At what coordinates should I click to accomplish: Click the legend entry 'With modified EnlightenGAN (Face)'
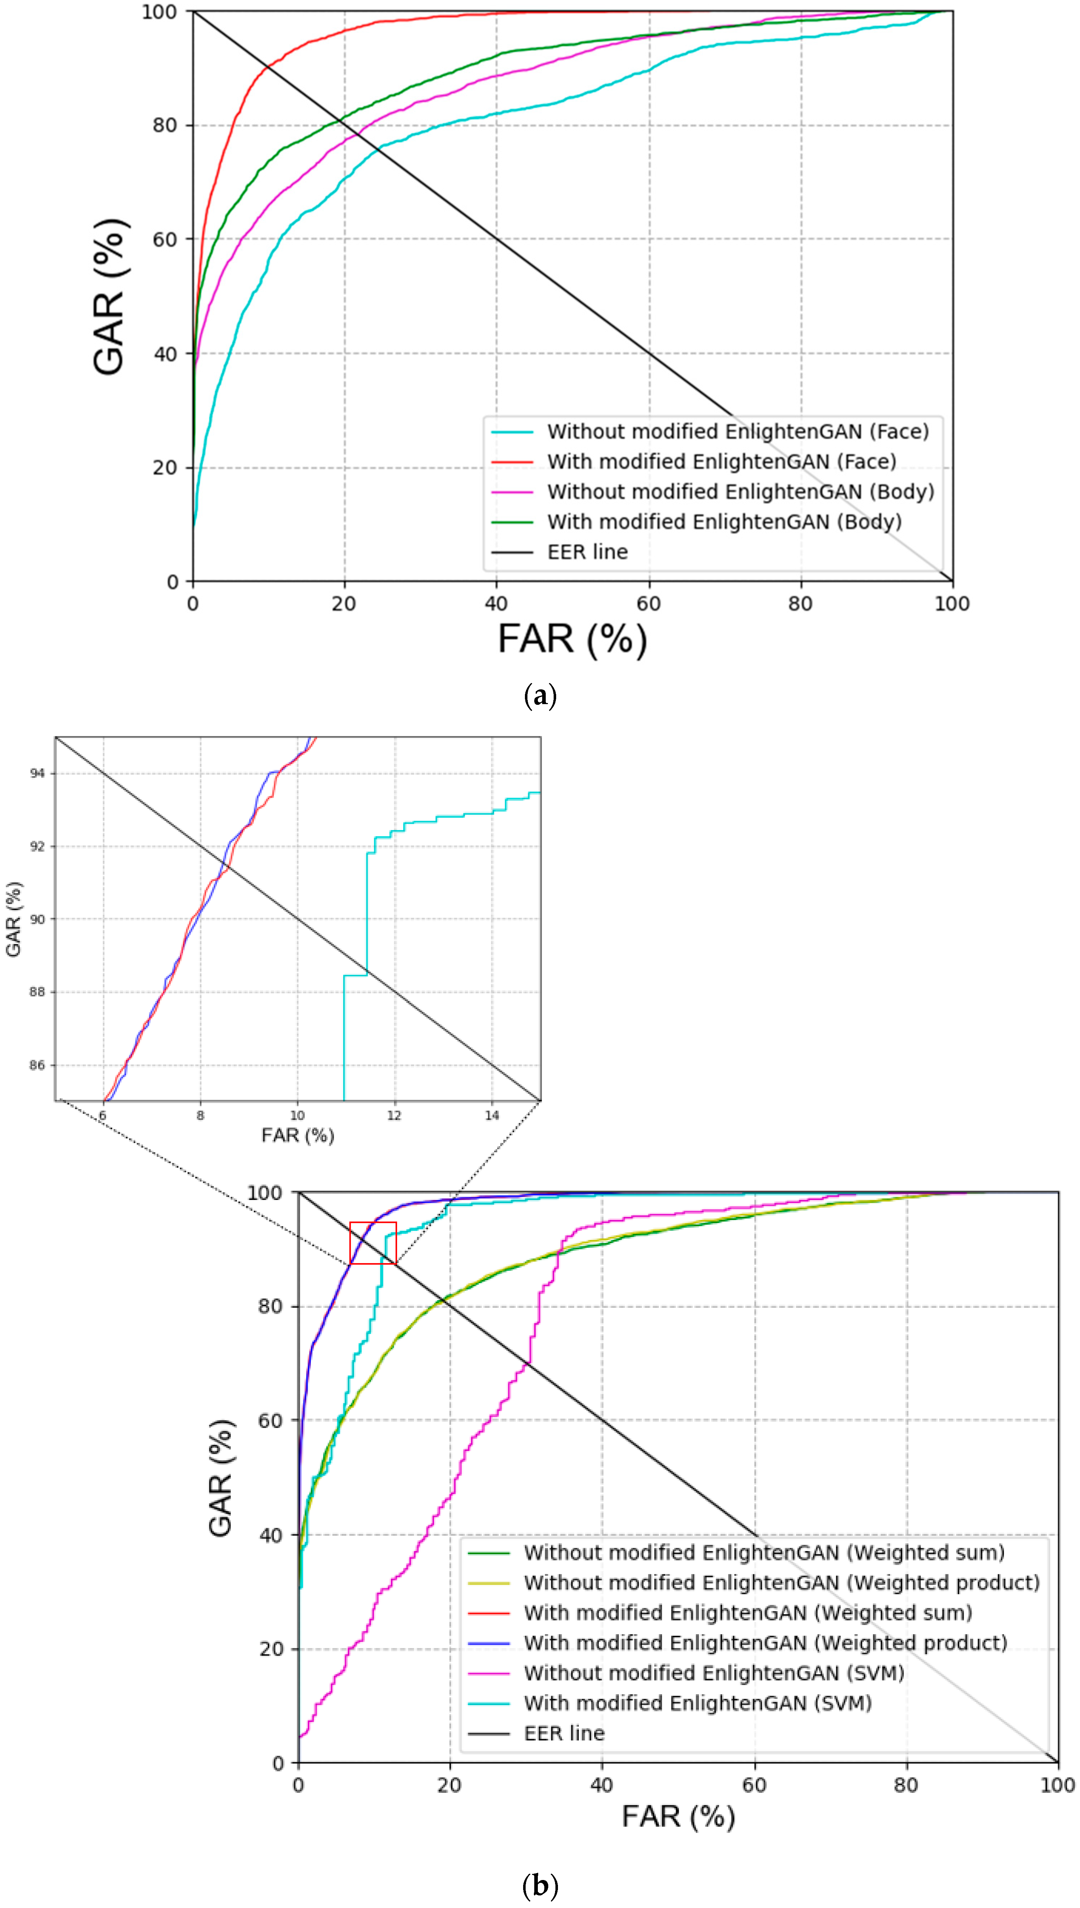pyautogui.click(x=721, y=461)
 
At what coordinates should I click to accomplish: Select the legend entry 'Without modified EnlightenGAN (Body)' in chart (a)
pyautogui.click(x=740, y=492)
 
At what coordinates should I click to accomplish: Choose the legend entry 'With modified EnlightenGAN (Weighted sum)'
pyautogui.click(x=748, y=1613)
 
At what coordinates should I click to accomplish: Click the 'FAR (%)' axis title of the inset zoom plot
pyautogui.click(x=297, y=1135)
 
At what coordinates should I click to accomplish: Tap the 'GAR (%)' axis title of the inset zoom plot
pyautogui.click(x=13, y=920)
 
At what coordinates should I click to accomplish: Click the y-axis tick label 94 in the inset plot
pyautogui.click(x=37, y=773)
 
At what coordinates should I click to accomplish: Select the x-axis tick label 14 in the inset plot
pyautogui.click(x=492, y=1115)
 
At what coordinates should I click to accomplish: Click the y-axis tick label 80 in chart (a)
pyautogui.click(x=165, y=125)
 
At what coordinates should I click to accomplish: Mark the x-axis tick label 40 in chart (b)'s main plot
pyautogui.click(x=601, y=1785)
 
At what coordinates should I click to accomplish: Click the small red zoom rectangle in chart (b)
pyautogui.click(x=373, y=1243)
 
